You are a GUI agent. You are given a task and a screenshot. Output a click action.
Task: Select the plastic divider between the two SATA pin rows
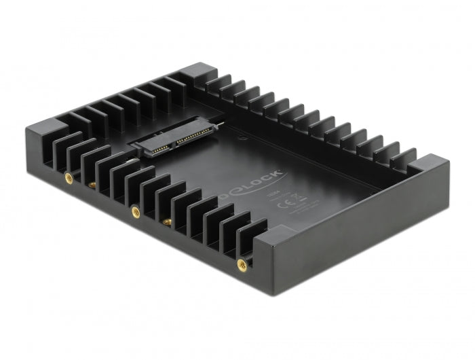point(174,140)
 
